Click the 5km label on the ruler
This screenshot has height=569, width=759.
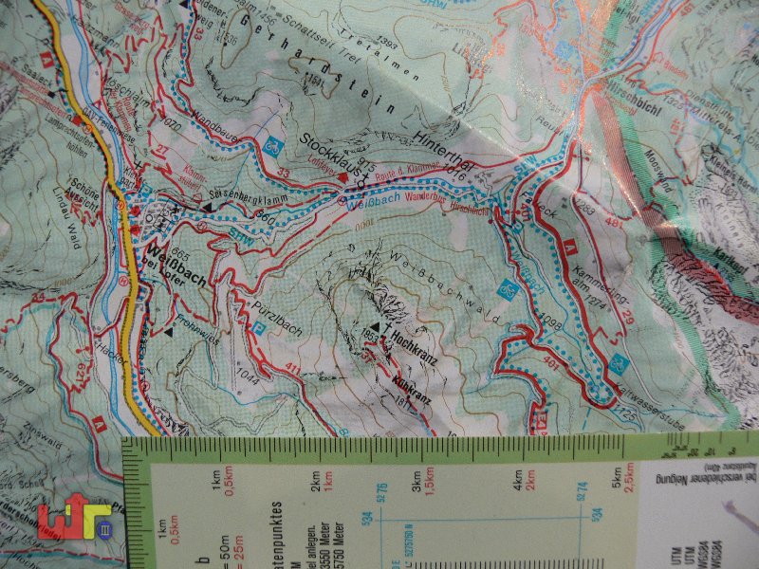click(x=616, y=472)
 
